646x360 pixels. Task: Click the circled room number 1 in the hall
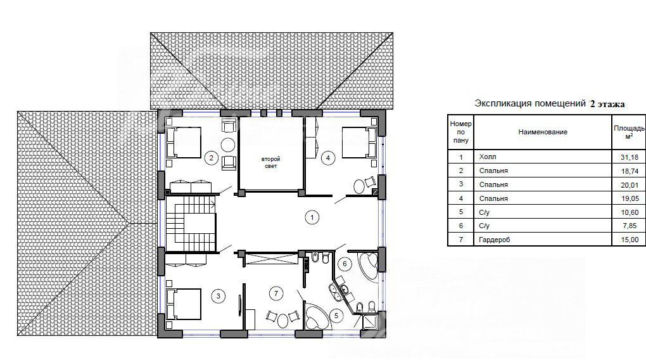[x=312, y=217]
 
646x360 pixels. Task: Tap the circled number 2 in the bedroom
[x=212, y=158]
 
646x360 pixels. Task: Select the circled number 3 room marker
[x=218, y=296]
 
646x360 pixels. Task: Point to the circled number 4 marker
[x=328, y=158]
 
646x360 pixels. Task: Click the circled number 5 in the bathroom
[x=336, y=316]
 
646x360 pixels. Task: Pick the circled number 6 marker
[x=345, y=264]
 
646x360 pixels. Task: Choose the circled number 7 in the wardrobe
[x=276, y=293]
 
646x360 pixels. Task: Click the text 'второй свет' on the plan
[x=270, y=162]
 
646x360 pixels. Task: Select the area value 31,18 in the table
[x=630, y=157]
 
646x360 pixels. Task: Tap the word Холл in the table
[x=488, y=157]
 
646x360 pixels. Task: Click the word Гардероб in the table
[x=495, y=240]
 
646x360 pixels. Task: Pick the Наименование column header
[x=543, y=132]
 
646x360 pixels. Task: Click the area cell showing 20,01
[x=630, y=184]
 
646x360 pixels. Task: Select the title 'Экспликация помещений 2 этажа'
[x=550, y=103]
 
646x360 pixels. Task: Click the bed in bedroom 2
[x=183, y=142]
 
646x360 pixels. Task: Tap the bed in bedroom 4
[x=360, y=142]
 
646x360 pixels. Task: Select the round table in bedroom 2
[x=228, y=145]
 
